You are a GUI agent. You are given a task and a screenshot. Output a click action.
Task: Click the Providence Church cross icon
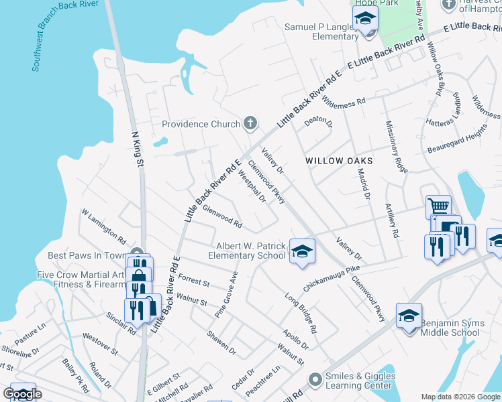tap(250, 123)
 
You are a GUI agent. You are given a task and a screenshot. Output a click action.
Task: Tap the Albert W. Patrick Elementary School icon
tap(302, 250)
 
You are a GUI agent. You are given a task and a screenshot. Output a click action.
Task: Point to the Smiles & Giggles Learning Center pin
tap(315, 381)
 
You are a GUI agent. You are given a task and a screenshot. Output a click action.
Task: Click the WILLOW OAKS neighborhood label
tap(338, 161)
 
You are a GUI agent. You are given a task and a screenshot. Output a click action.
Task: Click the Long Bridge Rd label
tap(301, 313)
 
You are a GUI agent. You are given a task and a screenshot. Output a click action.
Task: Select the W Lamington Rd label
tap(104, 226)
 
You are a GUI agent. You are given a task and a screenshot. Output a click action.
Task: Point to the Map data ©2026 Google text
tap(460, 397)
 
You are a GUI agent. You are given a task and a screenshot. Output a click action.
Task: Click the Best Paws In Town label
tap(86, 255)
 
